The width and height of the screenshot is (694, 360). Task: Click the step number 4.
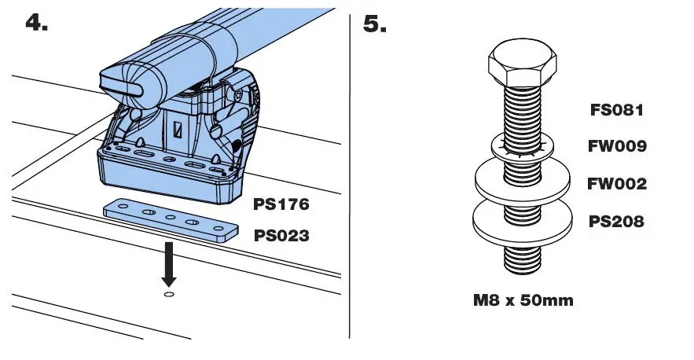[36, 22]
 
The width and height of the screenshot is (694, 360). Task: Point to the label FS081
[617, 110]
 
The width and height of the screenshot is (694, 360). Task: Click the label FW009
[617, 146]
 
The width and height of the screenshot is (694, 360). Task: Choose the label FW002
[617, 184]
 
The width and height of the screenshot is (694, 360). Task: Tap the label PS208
[617, 222]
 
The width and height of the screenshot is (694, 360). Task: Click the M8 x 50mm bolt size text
[523, 300]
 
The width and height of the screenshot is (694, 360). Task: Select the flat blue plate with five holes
[170, 219]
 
